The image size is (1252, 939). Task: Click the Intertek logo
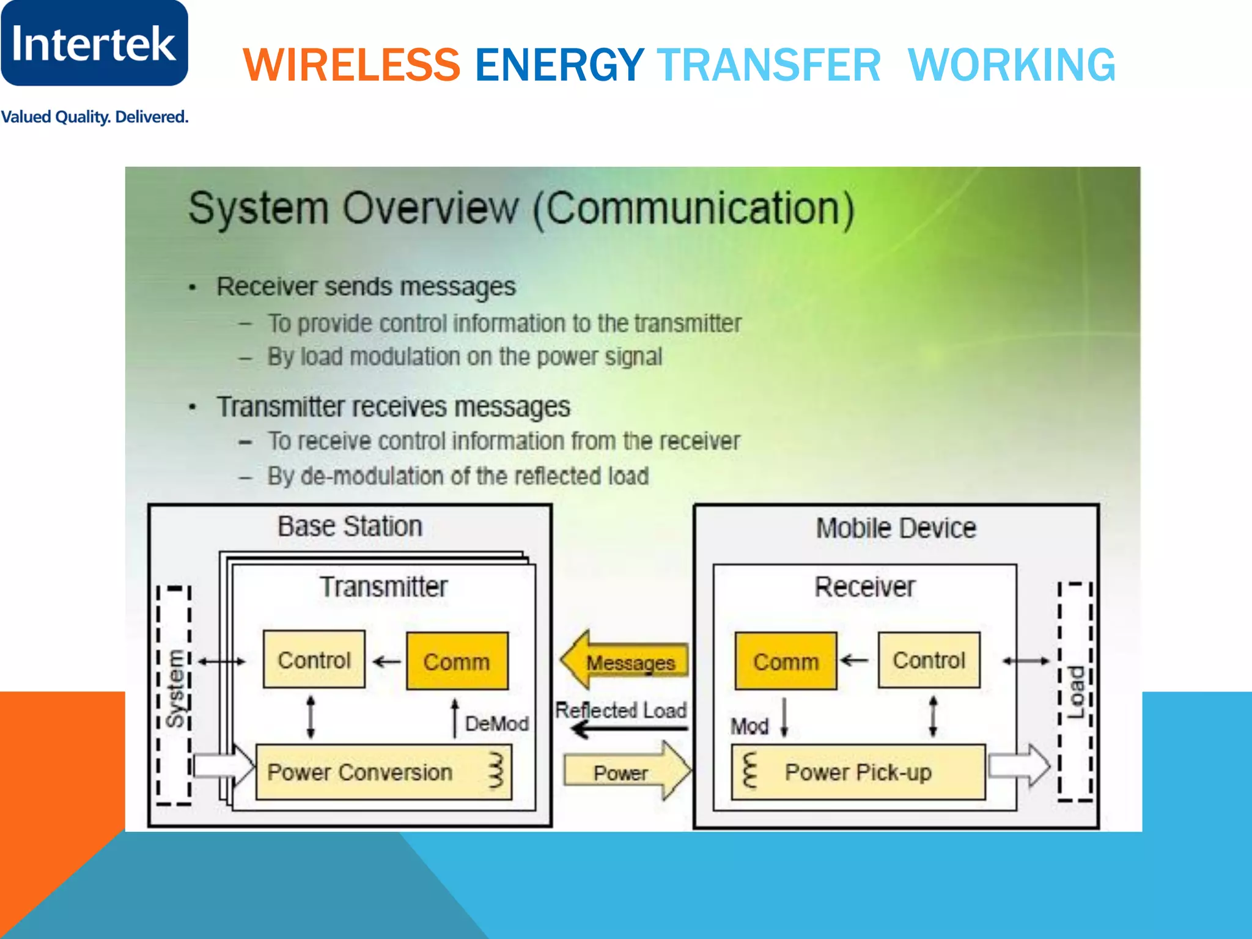(x=94, y=43)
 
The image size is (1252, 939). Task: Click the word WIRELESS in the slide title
(x=352, y=65)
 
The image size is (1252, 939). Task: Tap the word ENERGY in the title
(x=559, y=65)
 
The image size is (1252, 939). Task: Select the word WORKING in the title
(x=1012, y=65)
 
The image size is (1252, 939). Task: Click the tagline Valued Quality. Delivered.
(x=94, y=117)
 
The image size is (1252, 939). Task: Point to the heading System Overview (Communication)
(x=521, y=208)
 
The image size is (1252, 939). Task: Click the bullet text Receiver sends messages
(x=366, y=287)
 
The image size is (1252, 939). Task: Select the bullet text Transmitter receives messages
(x=393, y=407)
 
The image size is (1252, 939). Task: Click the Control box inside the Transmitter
(x=314, y=660)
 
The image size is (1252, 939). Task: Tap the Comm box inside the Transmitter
(x=457, y=661)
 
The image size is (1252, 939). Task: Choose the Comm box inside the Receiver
(x=786, y=661)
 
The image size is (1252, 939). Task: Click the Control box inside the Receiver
(x=929, y=660)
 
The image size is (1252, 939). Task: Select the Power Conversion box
(x=383, y=772)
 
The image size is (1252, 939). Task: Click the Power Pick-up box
(x=858, y=772)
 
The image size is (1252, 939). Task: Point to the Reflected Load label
(x=620, y=710)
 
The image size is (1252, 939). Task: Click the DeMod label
(x=496, y=724)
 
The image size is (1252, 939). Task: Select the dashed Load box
(x=1075, y=692)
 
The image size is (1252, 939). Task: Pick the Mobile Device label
(x=896, y=528)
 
